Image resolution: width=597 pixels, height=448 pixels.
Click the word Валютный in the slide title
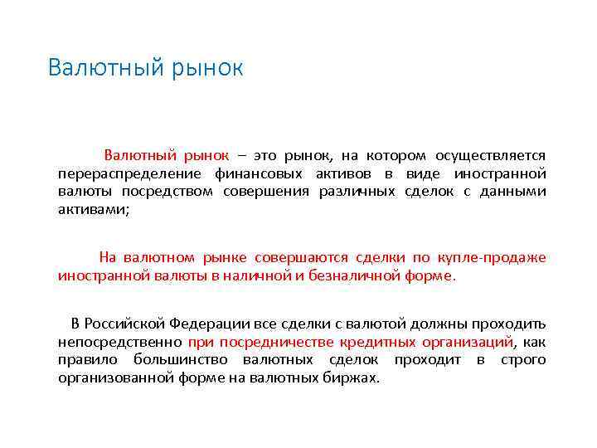(98, 68)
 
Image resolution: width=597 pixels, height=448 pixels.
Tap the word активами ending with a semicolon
(94, 210)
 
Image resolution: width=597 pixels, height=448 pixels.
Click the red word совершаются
(303, 257)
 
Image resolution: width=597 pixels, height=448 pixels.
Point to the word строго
(522, 359)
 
